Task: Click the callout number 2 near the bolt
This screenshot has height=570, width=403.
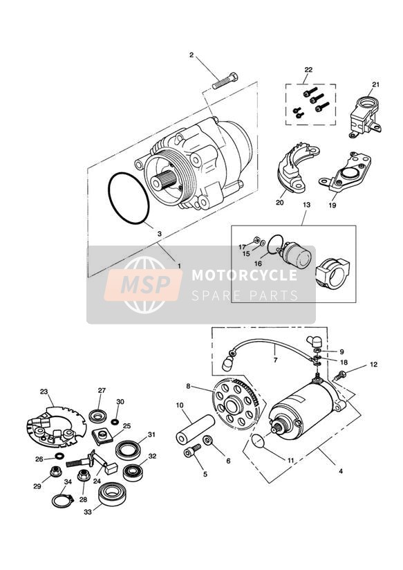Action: pyautogui.click(x=192, y=55)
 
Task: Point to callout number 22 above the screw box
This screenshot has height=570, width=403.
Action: pyautogui.click(x=308, y=70)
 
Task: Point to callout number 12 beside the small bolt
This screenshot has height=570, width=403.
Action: pyautogui.click(x=374, y=364)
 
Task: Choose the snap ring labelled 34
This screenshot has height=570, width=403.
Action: pyautogui.click(x=62, y=499)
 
